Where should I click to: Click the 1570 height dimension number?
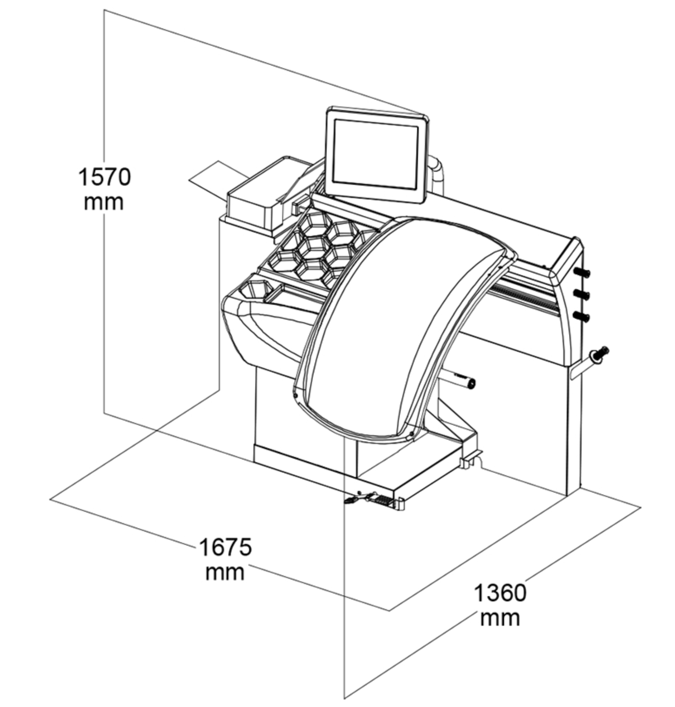click(x=104, y=177)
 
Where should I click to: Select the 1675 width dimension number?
click(x=225, y=547)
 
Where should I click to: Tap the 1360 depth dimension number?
click(x=500, y=593)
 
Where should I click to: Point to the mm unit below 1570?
click(x=104, y=203)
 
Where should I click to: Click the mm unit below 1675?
click(x=225, y=573)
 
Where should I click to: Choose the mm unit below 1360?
click(x=500, y=618)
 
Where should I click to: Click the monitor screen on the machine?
click(x=375, y=154)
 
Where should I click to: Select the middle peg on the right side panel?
click(x=582, y=295)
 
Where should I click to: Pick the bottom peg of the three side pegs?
click(x=582, y=317)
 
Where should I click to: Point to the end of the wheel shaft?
click(x=471, y=384)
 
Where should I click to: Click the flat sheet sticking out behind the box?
click(x=217, y=177)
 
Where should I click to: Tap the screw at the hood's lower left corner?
click(x=295, y=395)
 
